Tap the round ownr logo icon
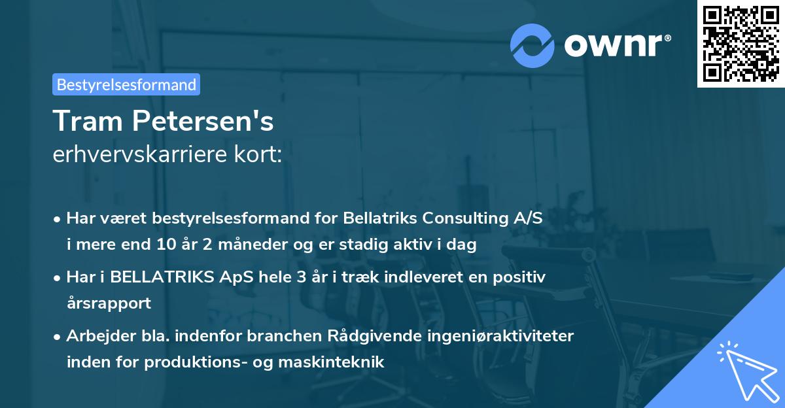[x=532, y=45]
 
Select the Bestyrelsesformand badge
[x=126, y=84]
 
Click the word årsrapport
[x=109, y=303]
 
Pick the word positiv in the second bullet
[x=521, y=277]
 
